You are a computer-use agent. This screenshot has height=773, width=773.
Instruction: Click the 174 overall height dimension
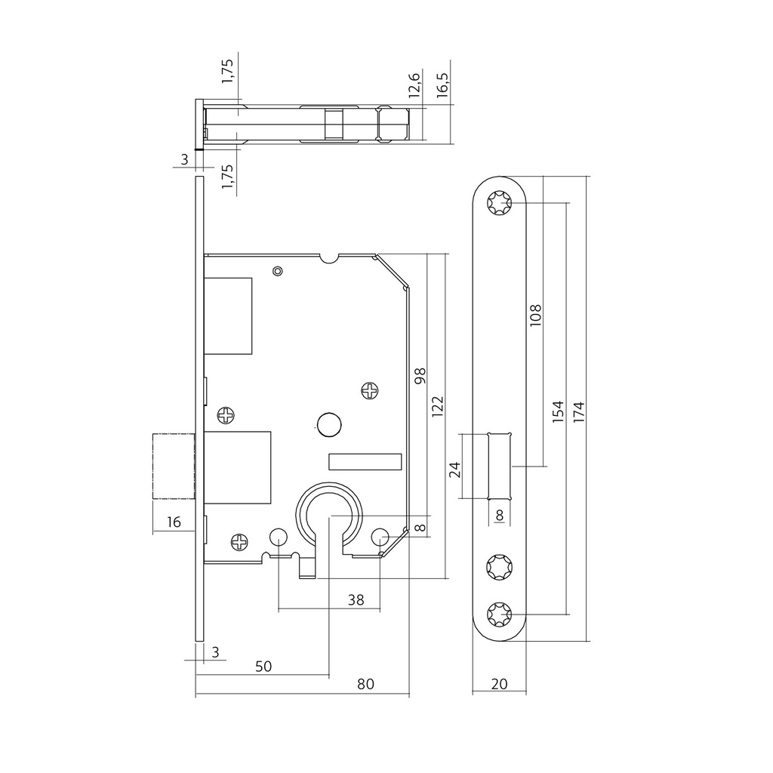click(x=578, y=411)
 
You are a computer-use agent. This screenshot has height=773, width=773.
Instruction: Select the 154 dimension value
click(x=558, y=411)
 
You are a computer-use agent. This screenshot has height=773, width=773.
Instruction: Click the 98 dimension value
click(x=420, y=376)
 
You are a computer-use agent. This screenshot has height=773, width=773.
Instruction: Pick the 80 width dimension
click(x=365, y=684)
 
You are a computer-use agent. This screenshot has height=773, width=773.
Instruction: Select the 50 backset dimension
click(x=263, y=666)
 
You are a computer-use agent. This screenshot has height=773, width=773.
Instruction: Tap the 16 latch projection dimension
click(x=174, y=522)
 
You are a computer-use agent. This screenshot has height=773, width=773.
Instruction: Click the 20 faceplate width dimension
click(x=499, y=684)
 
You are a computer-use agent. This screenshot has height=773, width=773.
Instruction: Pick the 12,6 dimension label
click(x=414, y=85)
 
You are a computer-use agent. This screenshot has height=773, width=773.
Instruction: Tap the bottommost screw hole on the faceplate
click(x=499, y=615)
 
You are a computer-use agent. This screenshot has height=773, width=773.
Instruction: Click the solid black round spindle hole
click(x=328, y=425)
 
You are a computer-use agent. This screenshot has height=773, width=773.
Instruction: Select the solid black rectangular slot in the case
click(x=365, y=460)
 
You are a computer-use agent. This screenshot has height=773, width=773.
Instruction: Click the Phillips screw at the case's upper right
click(x=370, y=390)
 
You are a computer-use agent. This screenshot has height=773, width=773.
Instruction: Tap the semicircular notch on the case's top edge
click(x=329, y=258)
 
